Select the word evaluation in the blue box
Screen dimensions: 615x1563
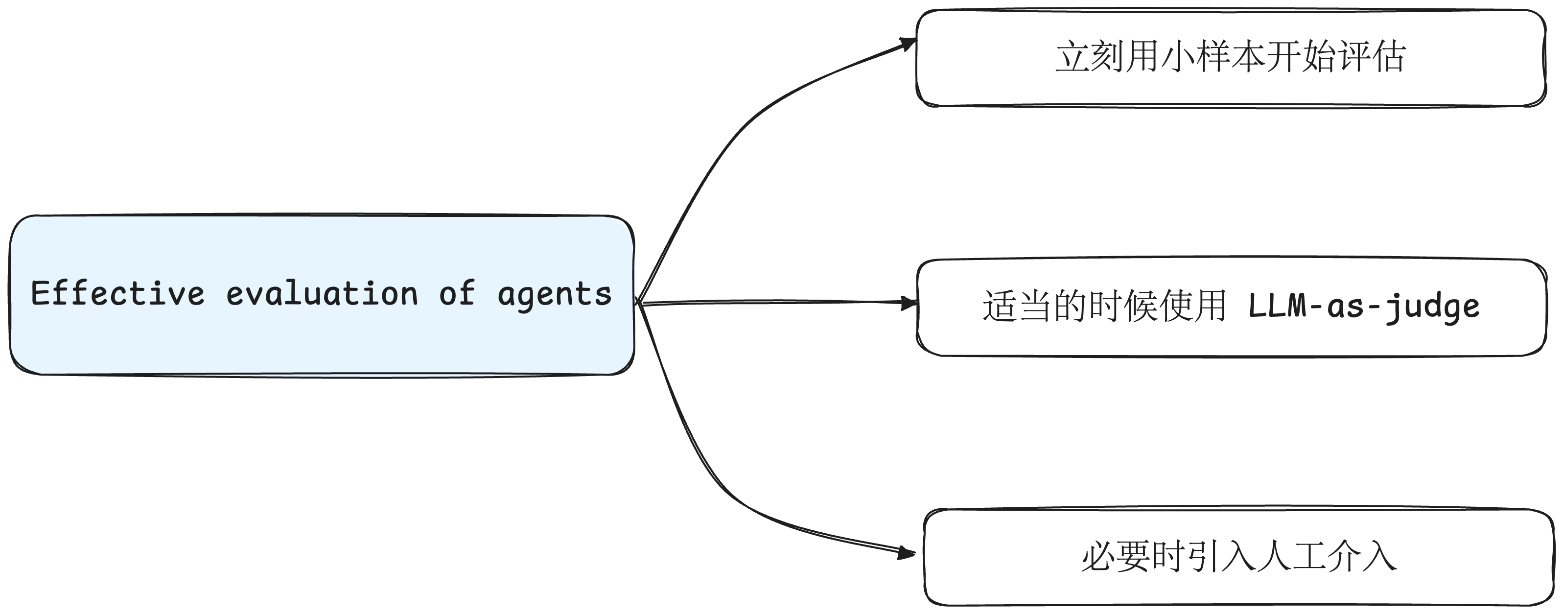[x=322, y=294]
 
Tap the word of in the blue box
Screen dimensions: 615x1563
[x=456, y=294]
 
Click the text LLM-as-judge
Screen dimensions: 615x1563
[x=1363, y=306]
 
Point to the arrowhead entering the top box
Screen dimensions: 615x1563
[x=909, y=43]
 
